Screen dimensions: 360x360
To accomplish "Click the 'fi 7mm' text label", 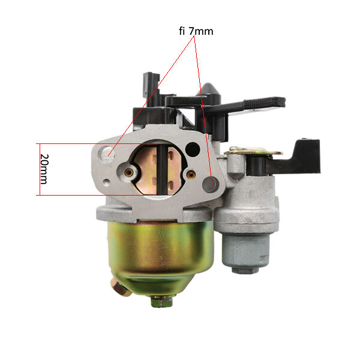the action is [x=196, y=31].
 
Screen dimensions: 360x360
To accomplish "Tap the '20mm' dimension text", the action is [x=44, y=169].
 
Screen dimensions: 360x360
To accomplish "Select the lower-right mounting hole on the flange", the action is [x=209, y=184].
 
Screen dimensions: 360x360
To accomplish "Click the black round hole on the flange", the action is [x=193, y=149].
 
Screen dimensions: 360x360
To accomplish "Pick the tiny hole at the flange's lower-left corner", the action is [x=106, y=182].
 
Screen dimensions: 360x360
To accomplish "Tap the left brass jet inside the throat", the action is [x=129, y=172].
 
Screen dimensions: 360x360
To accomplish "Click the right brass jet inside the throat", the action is [x=191, y=175].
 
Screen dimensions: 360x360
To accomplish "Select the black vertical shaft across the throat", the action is [x=163, y=169].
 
